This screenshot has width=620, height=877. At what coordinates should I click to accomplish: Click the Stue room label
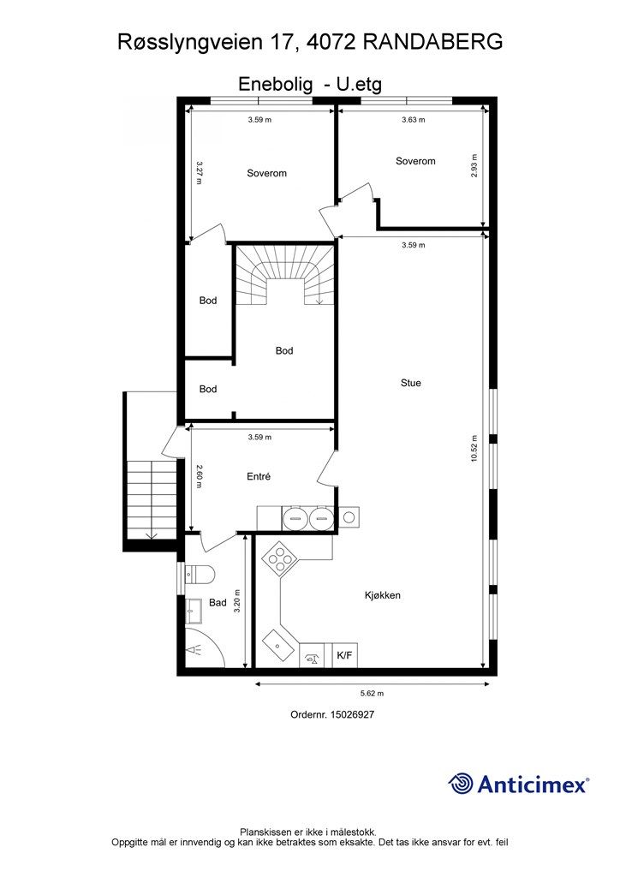click(410, 383)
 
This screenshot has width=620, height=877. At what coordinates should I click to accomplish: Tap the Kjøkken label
click(383, 595)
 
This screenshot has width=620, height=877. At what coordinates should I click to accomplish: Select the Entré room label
click(259, 476)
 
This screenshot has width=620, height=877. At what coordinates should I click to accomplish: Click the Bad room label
click(218, 602)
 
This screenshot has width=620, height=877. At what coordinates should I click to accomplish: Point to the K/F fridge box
click(345, 655)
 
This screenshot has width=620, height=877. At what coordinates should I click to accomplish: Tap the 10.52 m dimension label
click(474, 448)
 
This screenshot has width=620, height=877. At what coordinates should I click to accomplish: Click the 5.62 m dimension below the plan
click(372, 693)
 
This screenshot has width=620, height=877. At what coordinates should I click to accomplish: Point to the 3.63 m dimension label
click(413, 119)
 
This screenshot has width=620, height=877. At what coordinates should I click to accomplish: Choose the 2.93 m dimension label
click(474, 165)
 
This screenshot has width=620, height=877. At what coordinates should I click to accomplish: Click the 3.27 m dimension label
click(200, 172)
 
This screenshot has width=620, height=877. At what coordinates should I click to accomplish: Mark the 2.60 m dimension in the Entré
click(199, 476)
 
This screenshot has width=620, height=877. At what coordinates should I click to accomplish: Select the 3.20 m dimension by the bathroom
click(237, 601)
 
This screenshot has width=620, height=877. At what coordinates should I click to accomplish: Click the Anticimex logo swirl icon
click(461, 783)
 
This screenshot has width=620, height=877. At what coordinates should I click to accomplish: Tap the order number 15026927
click(352, 714)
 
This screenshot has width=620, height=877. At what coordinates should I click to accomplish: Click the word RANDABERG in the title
click(432, 42)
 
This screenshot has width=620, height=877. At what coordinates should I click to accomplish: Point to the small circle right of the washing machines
click(349, 517)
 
